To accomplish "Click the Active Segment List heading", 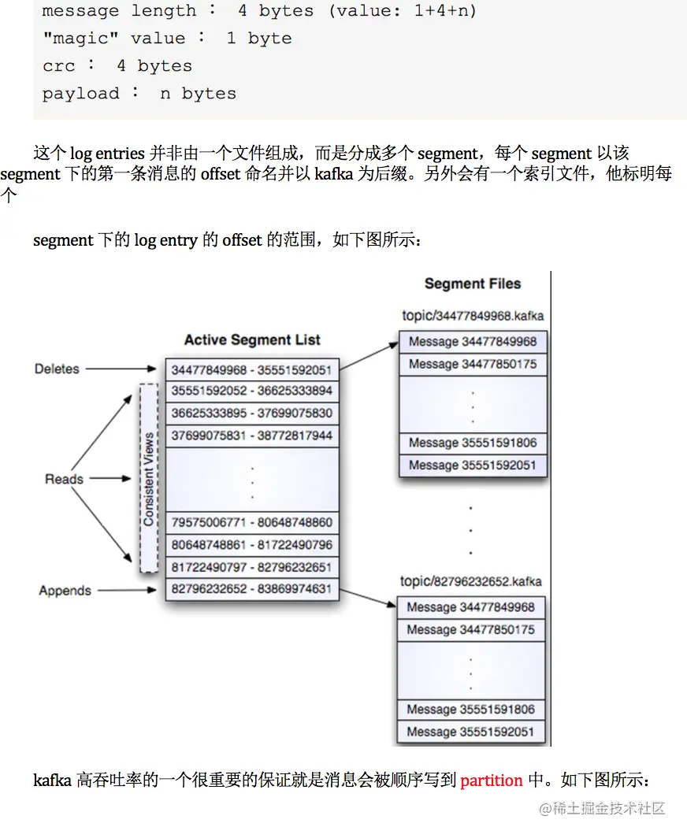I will pos(252,340).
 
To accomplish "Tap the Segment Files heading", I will pos(473,284).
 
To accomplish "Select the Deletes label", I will pos(57,369).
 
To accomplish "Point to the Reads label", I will pos(64,479).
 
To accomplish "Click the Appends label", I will pos(65,591).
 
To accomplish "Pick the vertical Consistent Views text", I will pos(148,478).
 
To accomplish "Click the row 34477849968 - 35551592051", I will pos(252,369).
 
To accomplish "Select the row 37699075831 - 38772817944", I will pos(252,436).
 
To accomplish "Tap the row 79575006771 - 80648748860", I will pos(252,522).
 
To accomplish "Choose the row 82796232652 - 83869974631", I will pos(252,589).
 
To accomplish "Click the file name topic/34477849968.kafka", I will pos(473,316).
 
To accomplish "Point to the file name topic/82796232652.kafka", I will pos(471,582).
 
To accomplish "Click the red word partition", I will pos(492,781).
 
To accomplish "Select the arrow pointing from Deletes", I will pos(122,369).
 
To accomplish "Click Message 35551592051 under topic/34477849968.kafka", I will pos(473,465).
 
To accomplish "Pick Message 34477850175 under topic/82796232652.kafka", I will pos(471,630).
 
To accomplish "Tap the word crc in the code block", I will pos(58,66).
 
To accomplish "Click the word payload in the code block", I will pos(80,94).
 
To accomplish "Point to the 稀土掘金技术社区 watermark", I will pos(603,807).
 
